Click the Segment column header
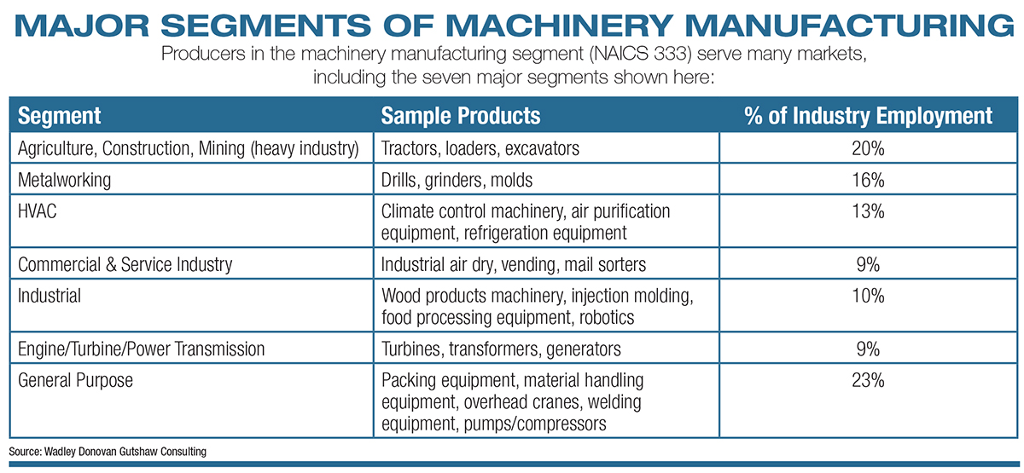[59, 116]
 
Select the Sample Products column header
[460, 116]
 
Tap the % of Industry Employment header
[868, 116]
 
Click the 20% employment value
[868, 148]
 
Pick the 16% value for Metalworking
[868, 180]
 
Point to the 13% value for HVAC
[868, 211]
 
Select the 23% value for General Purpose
[868, 380]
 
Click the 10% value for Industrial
[868, 296]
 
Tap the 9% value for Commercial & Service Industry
[868, 264]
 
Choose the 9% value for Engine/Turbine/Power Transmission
[868, 349]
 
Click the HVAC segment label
[37, 211]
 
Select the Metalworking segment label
[65, 181]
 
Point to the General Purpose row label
[75, 380]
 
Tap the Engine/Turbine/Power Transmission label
[142, 349]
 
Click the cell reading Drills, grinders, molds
[457, 181]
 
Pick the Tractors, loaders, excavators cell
[480, 148]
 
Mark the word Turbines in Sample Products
[411, 349]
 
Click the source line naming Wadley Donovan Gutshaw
[108, 452]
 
